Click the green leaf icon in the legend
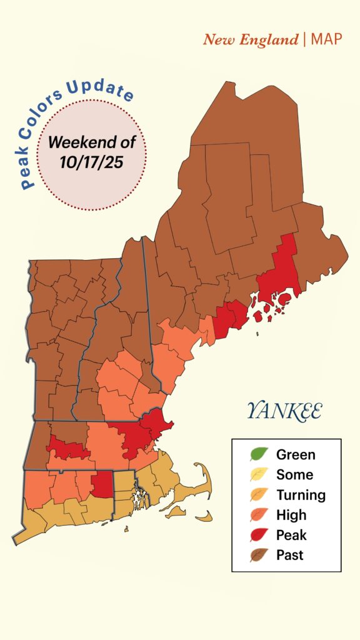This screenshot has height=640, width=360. coord(258,454)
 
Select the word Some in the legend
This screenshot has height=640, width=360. coord(294,475)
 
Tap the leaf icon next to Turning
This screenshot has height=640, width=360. coord(258,495)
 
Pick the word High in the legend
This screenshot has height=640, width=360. coord(291,515)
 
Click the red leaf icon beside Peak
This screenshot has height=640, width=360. coord(258,535)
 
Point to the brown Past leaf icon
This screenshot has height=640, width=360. coord(258,555)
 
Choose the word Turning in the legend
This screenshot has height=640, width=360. coord(301,495)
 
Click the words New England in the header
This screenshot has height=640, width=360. coord(251,40)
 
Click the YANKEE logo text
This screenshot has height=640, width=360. coord(284,411)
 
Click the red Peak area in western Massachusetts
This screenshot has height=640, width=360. coord(66,449)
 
